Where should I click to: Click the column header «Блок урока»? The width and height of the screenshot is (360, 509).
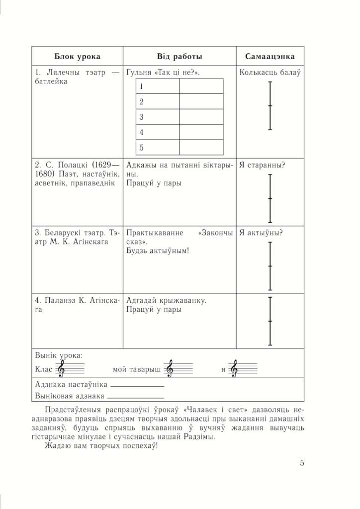pos(77,57)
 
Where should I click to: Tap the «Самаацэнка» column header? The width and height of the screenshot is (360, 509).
pos(270,57)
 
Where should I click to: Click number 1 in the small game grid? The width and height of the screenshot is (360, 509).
pos(142,86)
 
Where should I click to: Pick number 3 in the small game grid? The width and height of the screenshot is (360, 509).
pos(142,117)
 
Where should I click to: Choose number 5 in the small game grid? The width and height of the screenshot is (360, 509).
pos(142,148)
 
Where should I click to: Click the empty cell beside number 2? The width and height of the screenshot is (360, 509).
pos(201,102)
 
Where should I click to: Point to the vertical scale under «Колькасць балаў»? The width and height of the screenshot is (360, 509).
pos(270,106)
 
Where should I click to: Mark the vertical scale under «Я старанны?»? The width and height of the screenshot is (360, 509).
pos(270,198)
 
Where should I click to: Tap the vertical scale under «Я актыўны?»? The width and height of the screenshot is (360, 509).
pos(270,266)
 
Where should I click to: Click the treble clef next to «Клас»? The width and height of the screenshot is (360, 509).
pos(62,369)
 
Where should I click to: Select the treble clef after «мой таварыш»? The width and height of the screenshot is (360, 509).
pos(170,369)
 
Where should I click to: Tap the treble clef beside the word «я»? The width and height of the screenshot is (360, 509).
pos(235,369)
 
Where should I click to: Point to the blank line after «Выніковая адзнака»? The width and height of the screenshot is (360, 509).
pos(135,398)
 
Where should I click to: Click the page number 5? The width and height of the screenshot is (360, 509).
pos(302,463)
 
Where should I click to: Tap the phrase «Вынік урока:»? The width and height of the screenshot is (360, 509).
pos(59,356)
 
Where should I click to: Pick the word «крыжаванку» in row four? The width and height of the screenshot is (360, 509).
pos(184,301)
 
